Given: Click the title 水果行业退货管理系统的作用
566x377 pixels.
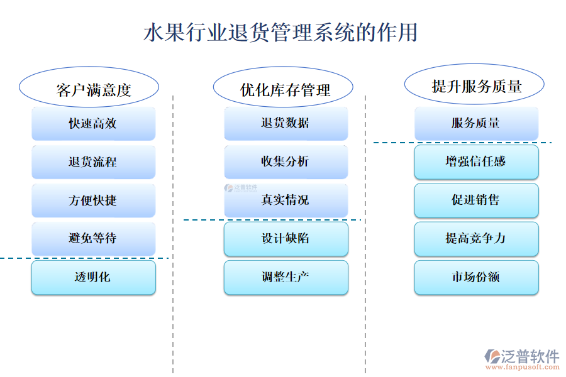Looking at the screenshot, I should click(280, 32).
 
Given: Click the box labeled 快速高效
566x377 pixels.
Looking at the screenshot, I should click(93, 124).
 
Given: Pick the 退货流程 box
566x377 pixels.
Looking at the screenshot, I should click(93, 162).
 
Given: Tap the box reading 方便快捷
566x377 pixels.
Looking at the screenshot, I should click(93, 200).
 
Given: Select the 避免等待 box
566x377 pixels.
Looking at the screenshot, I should click(93, 239).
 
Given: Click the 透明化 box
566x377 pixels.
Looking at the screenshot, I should click(93, 277).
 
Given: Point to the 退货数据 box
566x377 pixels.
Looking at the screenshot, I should click(286, 123).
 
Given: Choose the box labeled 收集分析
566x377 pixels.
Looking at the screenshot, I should click(286, 161).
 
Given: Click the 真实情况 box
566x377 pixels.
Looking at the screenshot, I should click(286, 200).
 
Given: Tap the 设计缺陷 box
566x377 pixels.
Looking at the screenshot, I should click(286, 239).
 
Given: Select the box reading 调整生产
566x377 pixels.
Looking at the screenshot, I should click(286, 277).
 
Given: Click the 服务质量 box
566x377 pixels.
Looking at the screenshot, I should click(476, 123).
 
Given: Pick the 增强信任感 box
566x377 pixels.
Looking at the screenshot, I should click(476, 161).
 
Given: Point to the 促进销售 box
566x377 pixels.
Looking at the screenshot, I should click(476, 200).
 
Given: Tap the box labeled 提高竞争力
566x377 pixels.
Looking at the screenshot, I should click(476, 239).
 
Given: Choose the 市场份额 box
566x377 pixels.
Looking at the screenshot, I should click(476, 277).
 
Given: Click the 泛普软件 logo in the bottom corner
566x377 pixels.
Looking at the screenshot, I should click(521, 359).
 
